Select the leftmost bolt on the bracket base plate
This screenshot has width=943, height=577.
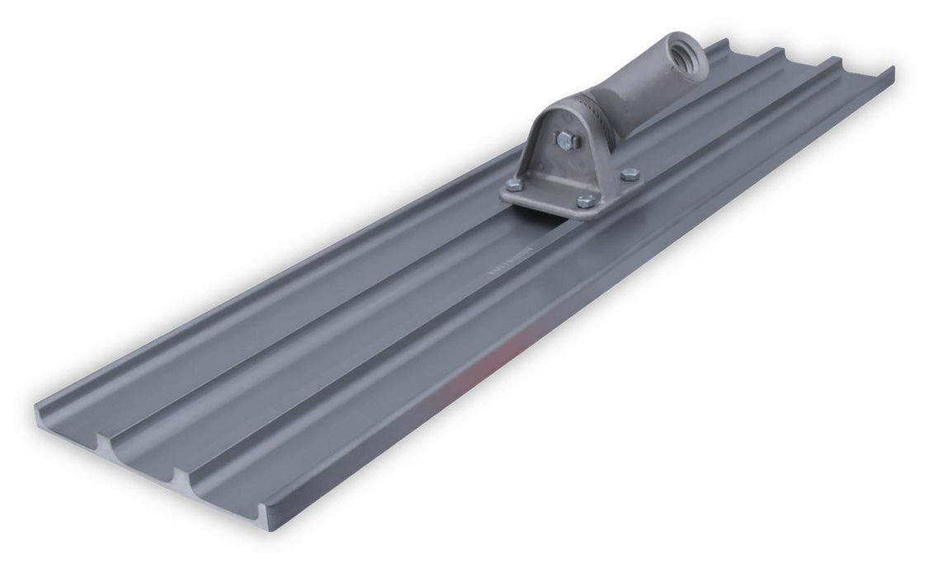[513, 185]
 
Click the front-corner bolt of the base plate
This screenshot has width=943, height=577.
[583, 200]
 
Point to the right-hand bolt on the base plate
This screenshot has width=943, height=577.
[629, 174]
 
